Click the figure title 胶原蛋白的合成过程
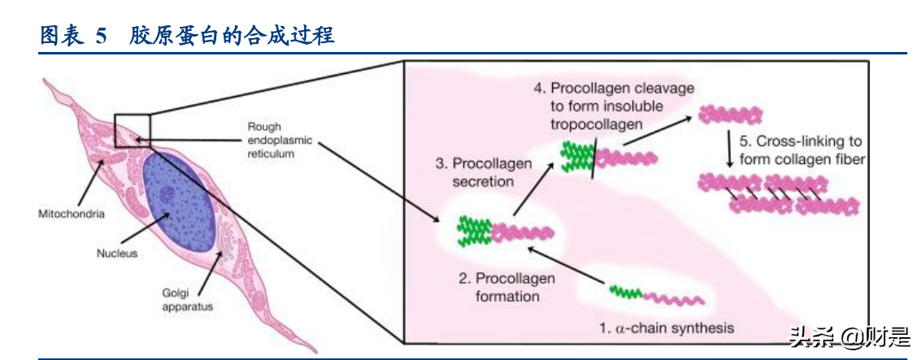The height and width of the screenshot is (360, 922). [x=232, y=36]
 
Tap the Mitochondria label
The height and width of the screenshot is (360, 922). [x=72, y=215]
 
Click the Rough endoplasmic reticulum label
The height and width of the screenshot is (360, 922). [x=277, y=140]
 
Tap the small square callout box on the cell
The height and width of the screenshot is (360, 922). [x=133, y=131]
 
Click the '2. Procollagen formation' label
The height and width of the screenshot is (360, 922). [x=507, y=288]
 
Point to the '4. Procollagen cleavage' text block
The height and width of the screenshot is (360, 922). [x=614, y=106]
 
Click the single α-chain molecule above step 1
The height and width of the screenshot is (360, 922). [x=657, y=296]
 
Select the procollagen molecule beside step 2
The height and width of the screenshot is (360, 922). [x=504, y=231]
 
